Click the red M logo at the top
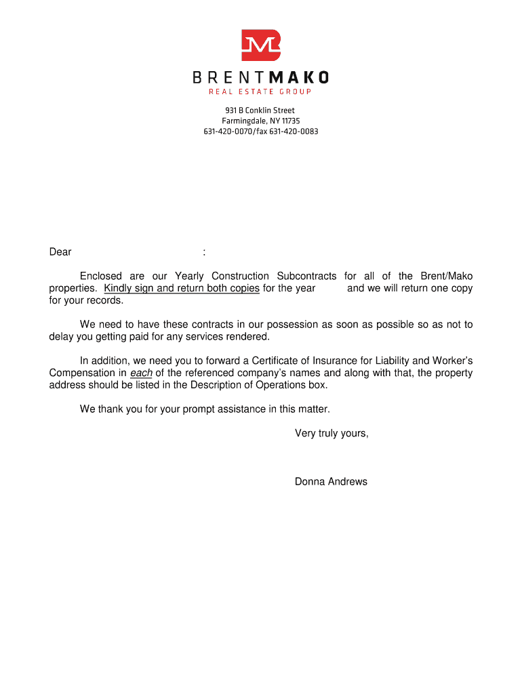[261, 45]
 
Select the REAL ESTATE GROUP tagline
[260, 92]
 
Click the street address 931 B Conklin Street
[260, 110]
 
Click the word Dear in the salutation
[60, 252]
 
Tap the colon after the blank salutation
[204, 253]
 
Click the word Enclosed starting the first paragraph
[101, 276]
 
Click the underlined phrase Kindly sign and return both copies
[182, 288]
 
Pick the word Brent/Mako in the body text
[446, 276]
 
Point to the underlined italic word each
[141, 373]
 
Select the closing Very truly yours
[332, 434]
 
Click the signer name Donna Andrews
[331, 482]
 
